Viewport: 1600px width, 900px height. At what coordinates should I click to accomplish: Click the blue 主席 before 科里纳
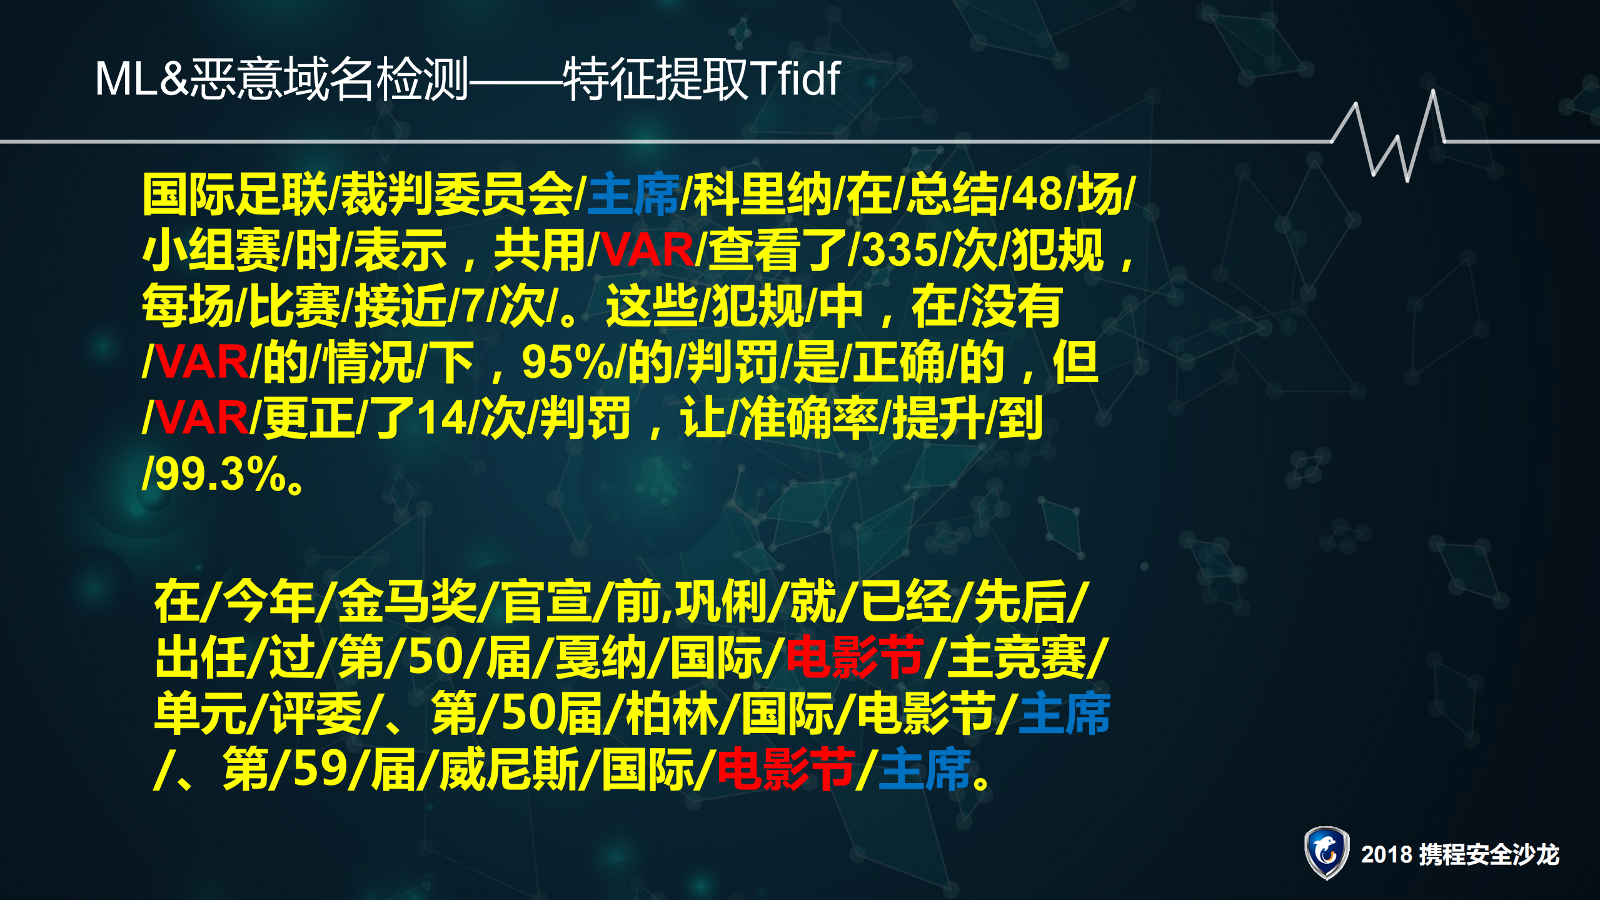633,195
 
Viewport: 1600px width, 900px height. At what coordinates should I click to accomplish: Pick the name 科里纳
762,195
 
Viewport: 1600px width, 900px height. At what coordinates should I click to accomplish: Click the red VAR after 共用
648,250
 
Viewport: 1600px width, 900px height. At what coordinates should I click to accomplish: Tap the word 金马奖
407,602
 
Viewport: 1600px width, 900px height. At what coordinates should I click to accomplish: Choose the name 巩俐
722,602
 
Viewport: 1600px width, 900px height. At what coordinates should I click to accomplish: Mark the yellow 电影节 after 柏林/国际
925,714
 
